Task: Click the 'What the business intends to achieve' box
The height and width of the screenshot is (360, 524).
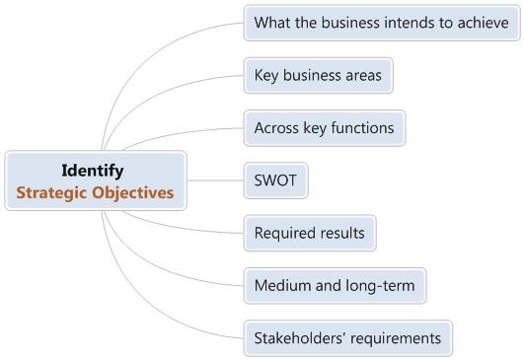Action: click(381, 22)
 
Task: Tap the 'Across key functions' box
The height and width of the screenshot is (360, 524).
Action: click(324, 128)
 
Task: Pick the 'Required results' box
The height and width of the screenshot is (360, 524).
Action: click(310, 234)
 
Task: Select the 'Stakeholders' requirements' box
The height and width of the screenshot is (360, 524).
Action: click(347, 338)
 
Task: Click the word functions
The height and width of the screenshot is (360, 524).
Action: click(364, 128)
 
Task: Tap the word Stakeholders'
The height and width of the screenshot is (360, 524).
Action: click(298, 338)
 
